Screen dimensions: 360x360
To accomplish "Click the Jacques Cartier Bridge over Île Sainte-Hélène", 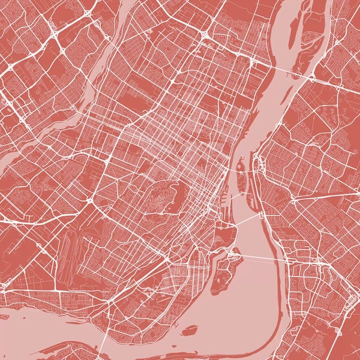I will (240, 174).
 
